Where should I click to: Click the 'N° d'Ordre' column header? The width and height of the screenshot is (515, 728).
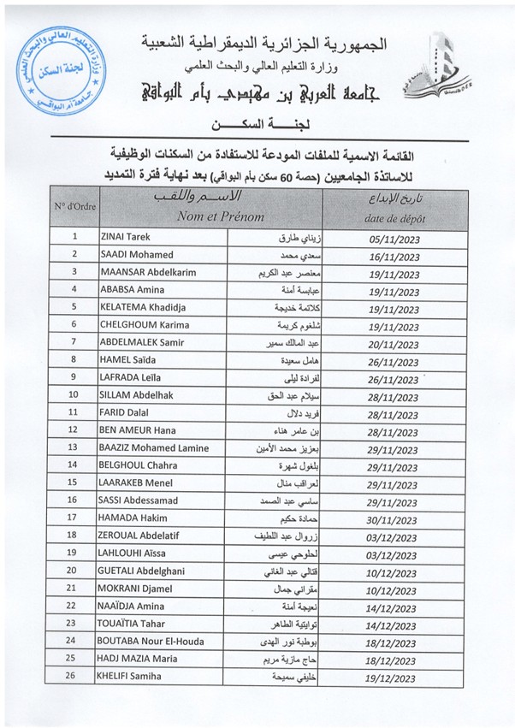click(x=74, y=207)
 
